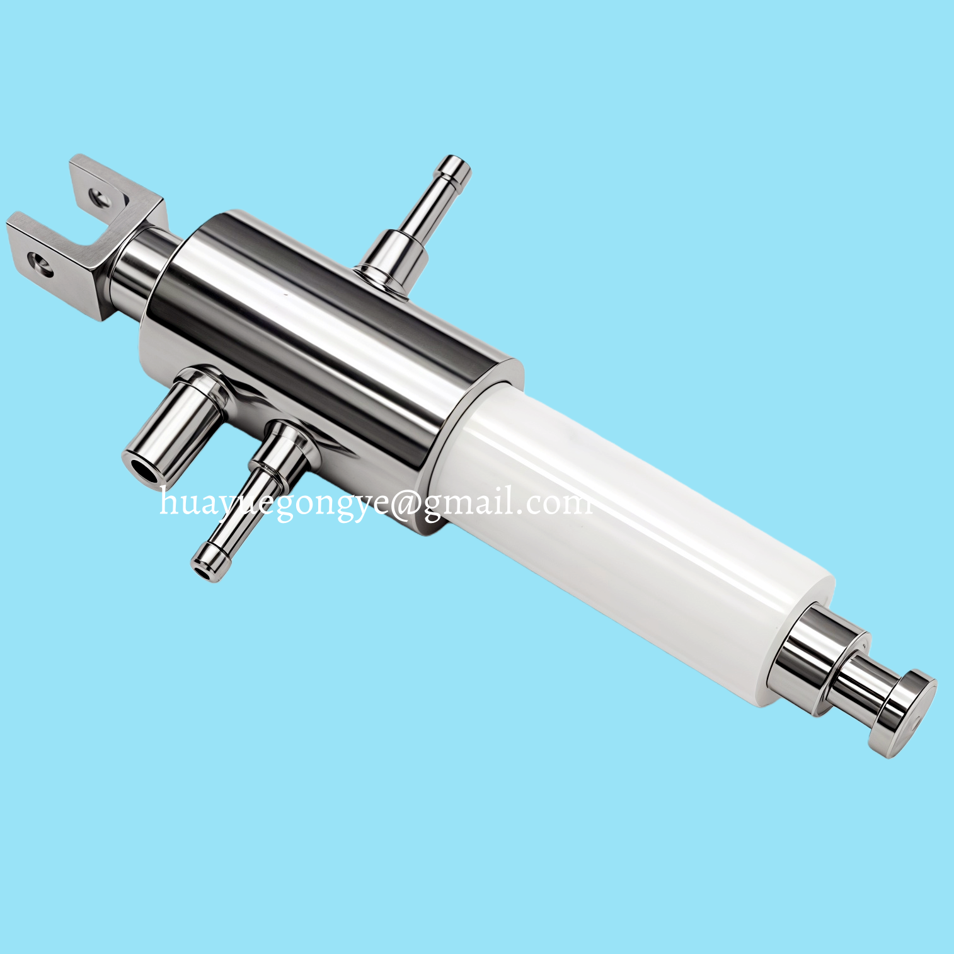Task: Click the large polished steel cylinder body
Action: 328,353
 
